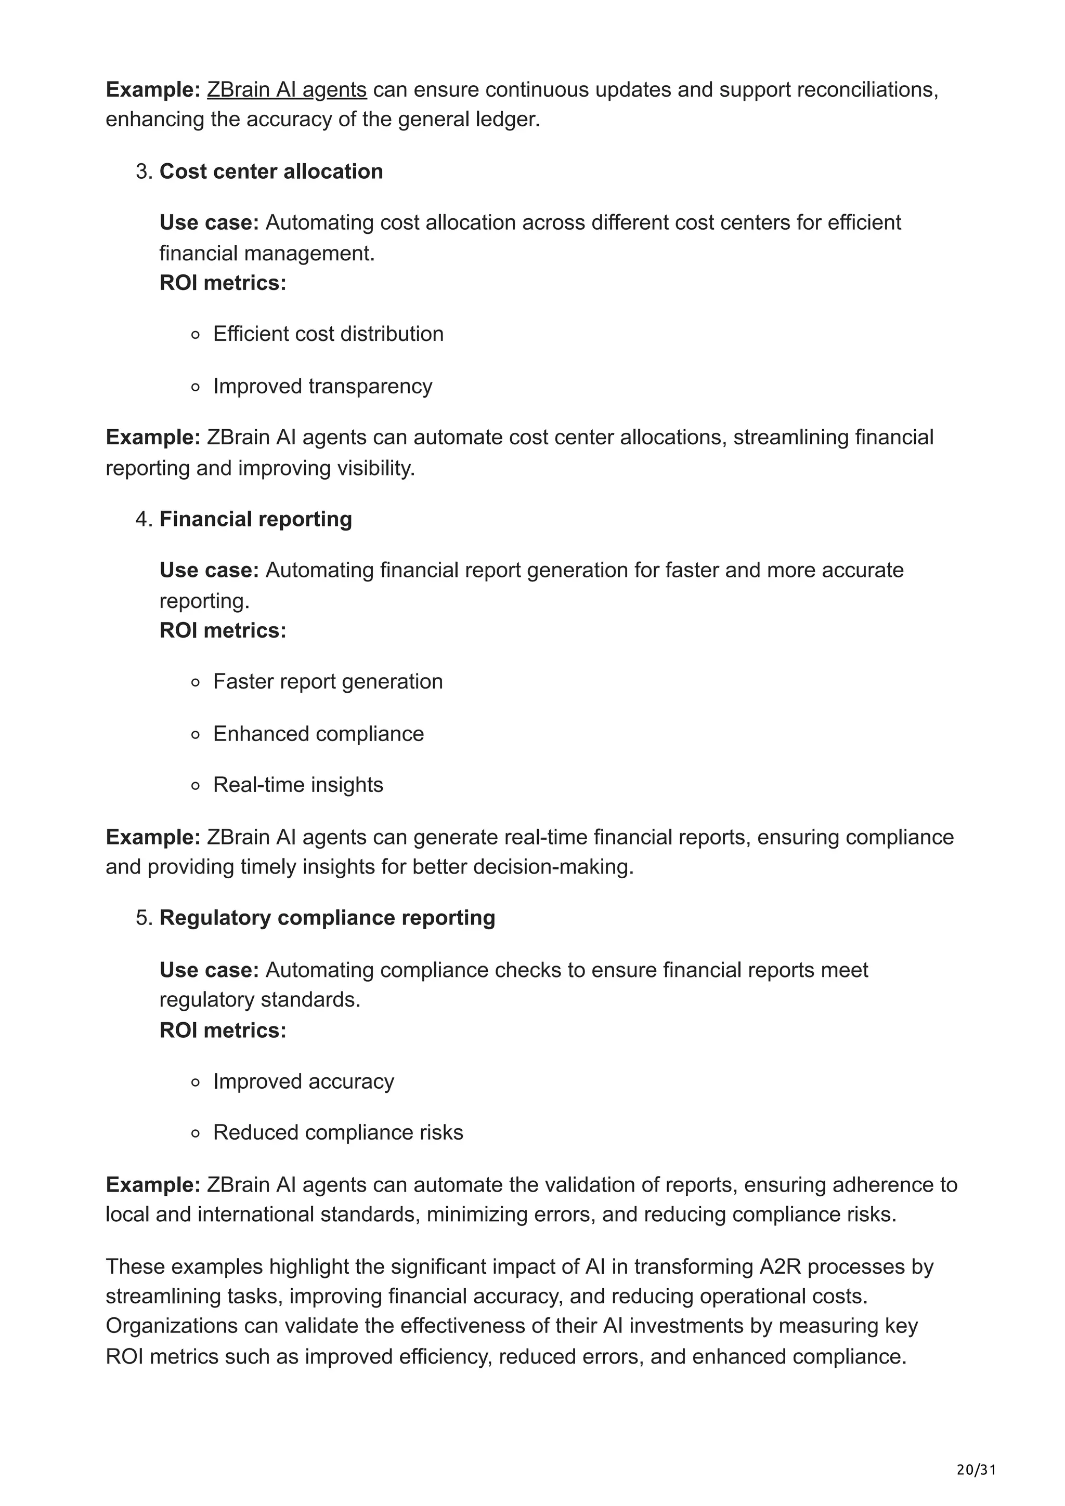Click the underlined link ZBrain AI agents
(x=287, y=89)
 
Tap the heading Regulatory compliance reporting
(x=327, y=918)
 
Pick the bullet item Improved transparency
(x=322, y=386)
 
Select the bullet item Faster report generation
(x=328, y=681)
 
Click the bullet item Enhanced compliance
(x=318, y=733)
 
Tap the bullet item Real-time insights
(x=298, y=785)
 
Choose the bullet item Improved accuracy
(x=303, y=1081)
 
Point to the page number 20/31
(x=976, y=1469)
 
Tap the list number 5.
(x=143, y=918)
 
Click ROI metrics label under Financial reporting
(x=223, y=630)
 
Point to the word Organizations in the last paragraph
(x=172, y=1326)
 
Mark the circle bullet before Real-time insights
(x=195, y=786)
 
